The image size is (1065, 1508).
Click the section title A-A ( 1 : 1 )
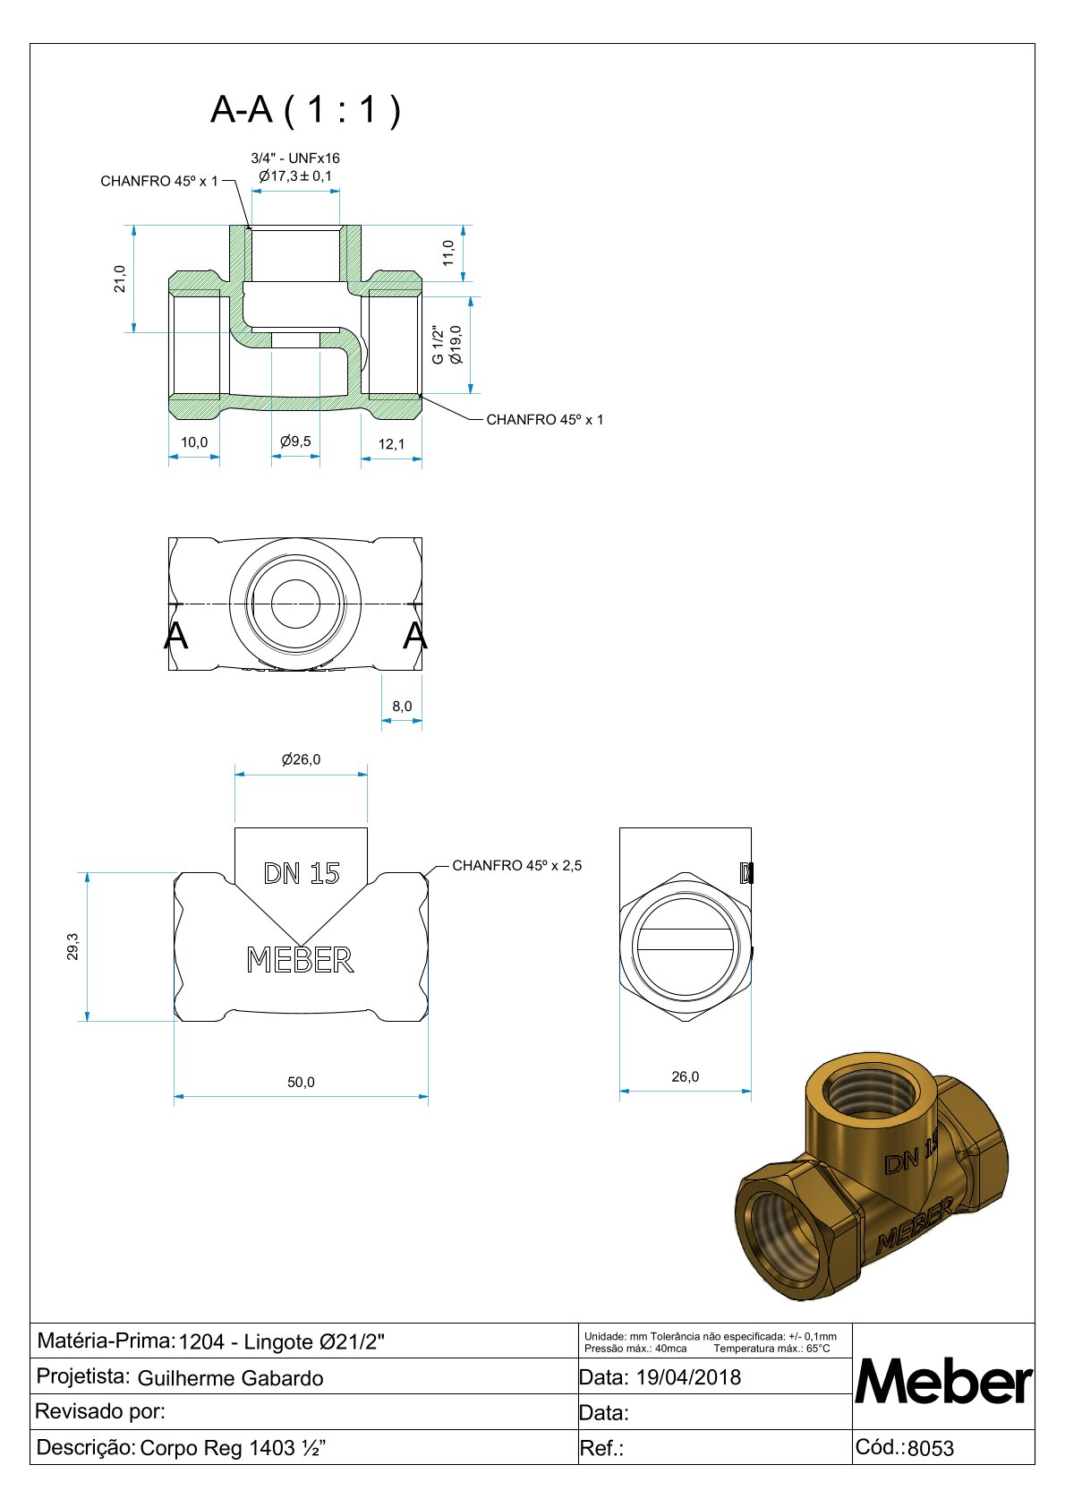(x=305, y=109)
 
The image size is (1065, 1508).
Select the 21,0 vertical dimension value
(x=120, y=278)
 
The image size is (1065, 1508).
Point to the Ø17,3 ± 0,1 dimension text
(x=295, y=176)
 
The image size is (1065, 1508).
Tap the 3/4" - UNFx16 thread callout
(x=295, y=159)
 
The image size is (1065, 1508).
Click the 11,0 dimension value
(x=449, y=252)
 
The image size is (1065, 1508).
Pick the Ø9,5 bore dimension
(x=295, y=441)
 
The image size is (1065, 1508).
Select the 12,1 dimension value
(x=391, y=444)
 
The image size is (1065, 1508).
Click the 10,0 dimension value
(x=194, y=442)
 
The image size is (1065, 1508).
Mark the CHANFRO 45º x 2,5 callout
(x=517, y=865)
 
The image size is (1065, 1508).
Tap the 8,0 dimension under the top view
(x=402, y=707)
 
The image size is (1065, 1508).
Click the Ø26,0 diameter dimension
(x=301, y=759)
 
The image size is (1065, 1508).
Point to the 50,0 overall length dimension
(x=301, y=1082)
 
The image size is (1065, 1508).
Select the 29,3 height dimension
(x=72, y=947)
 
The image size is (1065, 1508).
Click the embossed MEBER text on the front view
(x=300, y=960)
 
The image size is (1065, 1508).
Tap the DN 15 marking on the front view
(x=302, y=873)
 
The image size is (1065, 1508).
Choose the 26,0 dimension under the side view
(x=686, y=1076)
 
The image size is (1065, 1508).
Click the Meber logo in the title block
(x=944, y=1380)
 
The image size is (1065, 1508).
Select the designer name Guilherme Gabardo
(x=230, y=1378)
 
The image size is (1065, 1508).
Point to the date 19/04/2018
(x=688, y=1377)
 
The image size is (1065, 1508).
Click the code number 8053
(x=931, y=1448)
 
